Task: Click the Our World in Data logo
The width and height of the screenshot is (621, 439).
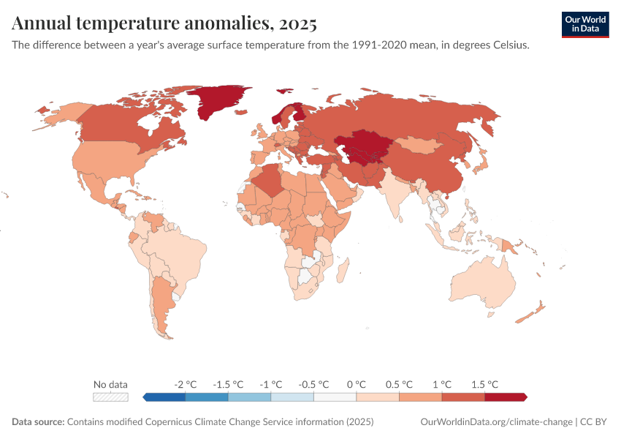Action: coord(584,24)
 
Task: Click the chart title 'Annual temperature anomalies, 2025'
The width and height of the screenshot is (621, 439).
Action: coord(164,24)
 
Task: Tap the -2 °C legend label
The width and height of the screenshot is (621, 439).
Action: coord(186,384)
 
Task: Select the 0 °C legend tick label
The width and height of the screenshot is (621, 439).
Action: coord(356,384)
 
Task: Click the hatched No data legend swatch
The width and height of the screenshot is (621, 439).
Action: coord(110,397)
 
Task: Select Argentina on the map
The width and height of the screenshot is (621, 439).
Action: coord(162,300)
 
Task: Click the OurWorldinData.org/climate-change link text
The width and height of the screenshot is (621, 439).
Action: coord(497,422)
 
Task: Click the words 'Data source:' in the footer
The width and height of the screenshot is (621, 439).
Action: coord(38,422)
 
